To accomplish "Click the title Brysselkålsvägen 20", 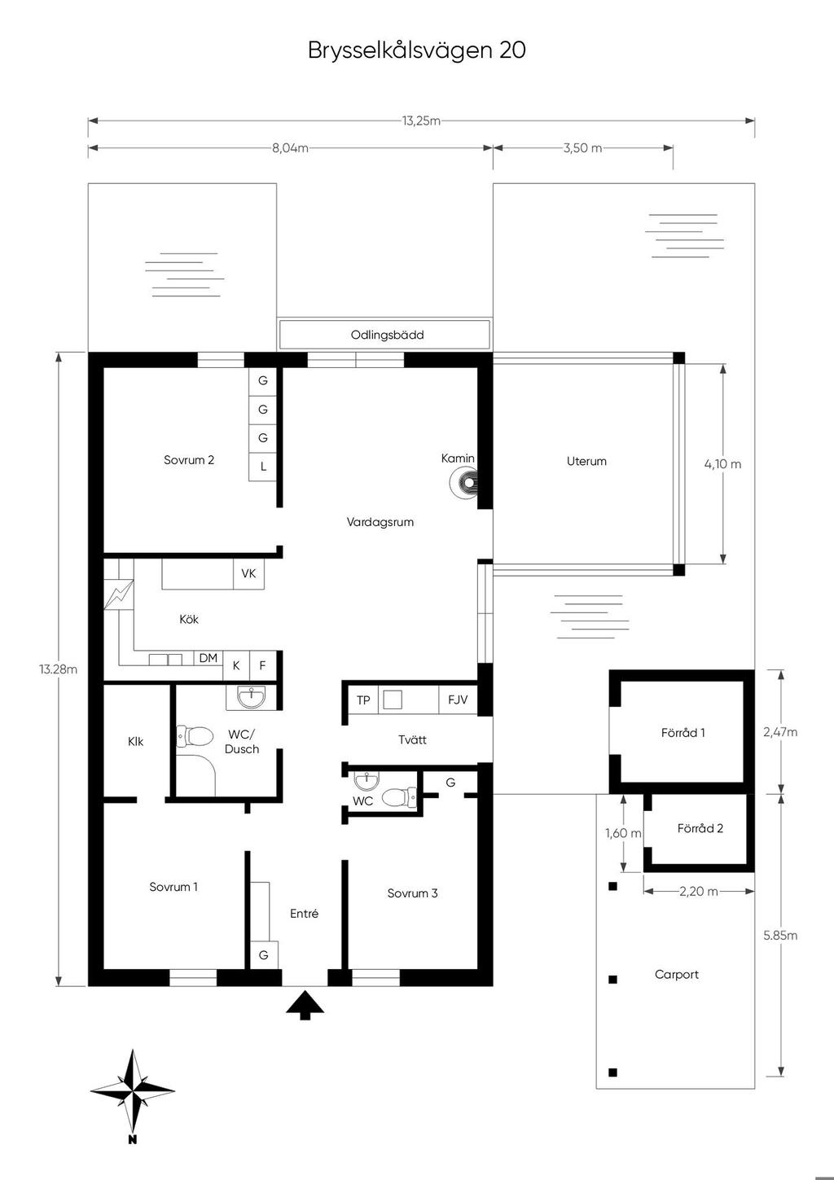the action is (x=417, y=50).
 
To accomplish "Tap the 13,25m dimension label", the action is (x=421, y=121).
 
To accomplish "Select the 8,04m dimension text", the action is (x=290, y=148).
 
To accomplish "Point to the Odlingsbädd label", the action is (x=387, y=335).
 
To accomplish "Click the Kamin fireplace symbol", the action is (x=463, y=482).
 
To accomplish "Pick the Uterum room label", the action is (x=586, y=462).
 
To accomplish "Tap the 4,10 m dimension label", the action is (x=722, y=464).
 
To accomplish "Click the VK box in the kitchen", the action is (x=248, y=573).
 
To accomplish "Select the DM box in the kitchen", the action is (x=208, y=658).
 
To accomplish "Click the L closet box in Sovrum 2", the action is (x=263, y=467).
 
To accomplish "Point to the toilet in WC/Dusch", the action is (x=194, y=736).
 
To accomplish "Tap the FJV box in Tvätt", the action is (x=457, y=700).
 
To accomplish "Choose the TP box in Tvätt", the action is (x=363, y=700).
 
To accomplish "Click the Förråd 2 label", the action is (x=700, y=829).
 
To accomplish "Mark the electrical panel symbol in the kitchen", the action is (x=119, y=594).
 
